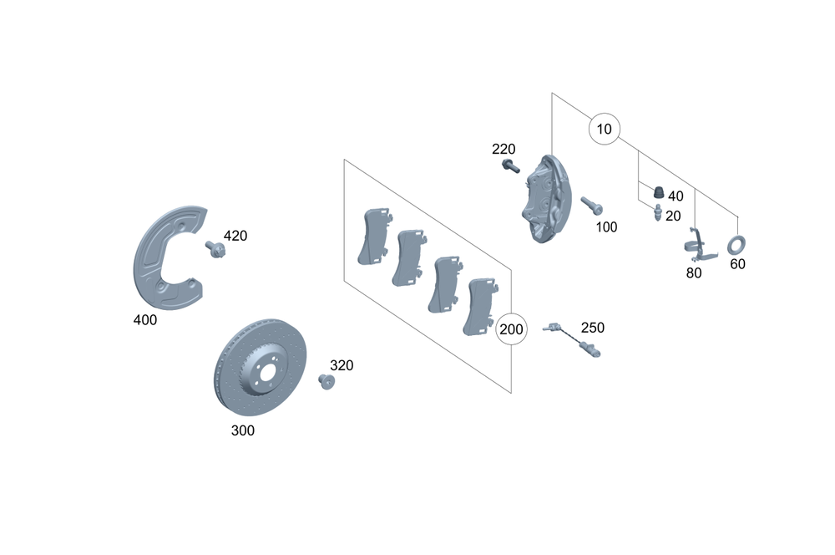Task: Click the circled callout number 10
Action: (x=605, y=129)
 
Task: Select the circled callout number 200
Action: (x=510, y=329)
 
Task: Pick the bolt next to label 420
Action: (x=215, y=248)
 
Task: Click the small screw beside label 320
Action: (x=326, y=383)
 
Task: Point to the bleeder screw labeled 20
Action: (x=658, y=215)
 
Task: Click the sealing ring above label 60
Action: (x=736, y=245)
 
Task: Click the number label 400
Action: (x=144, y=319)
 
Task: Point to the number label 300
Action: (x=243, y=431)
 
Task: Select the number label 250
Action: (x=592, y=328)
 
